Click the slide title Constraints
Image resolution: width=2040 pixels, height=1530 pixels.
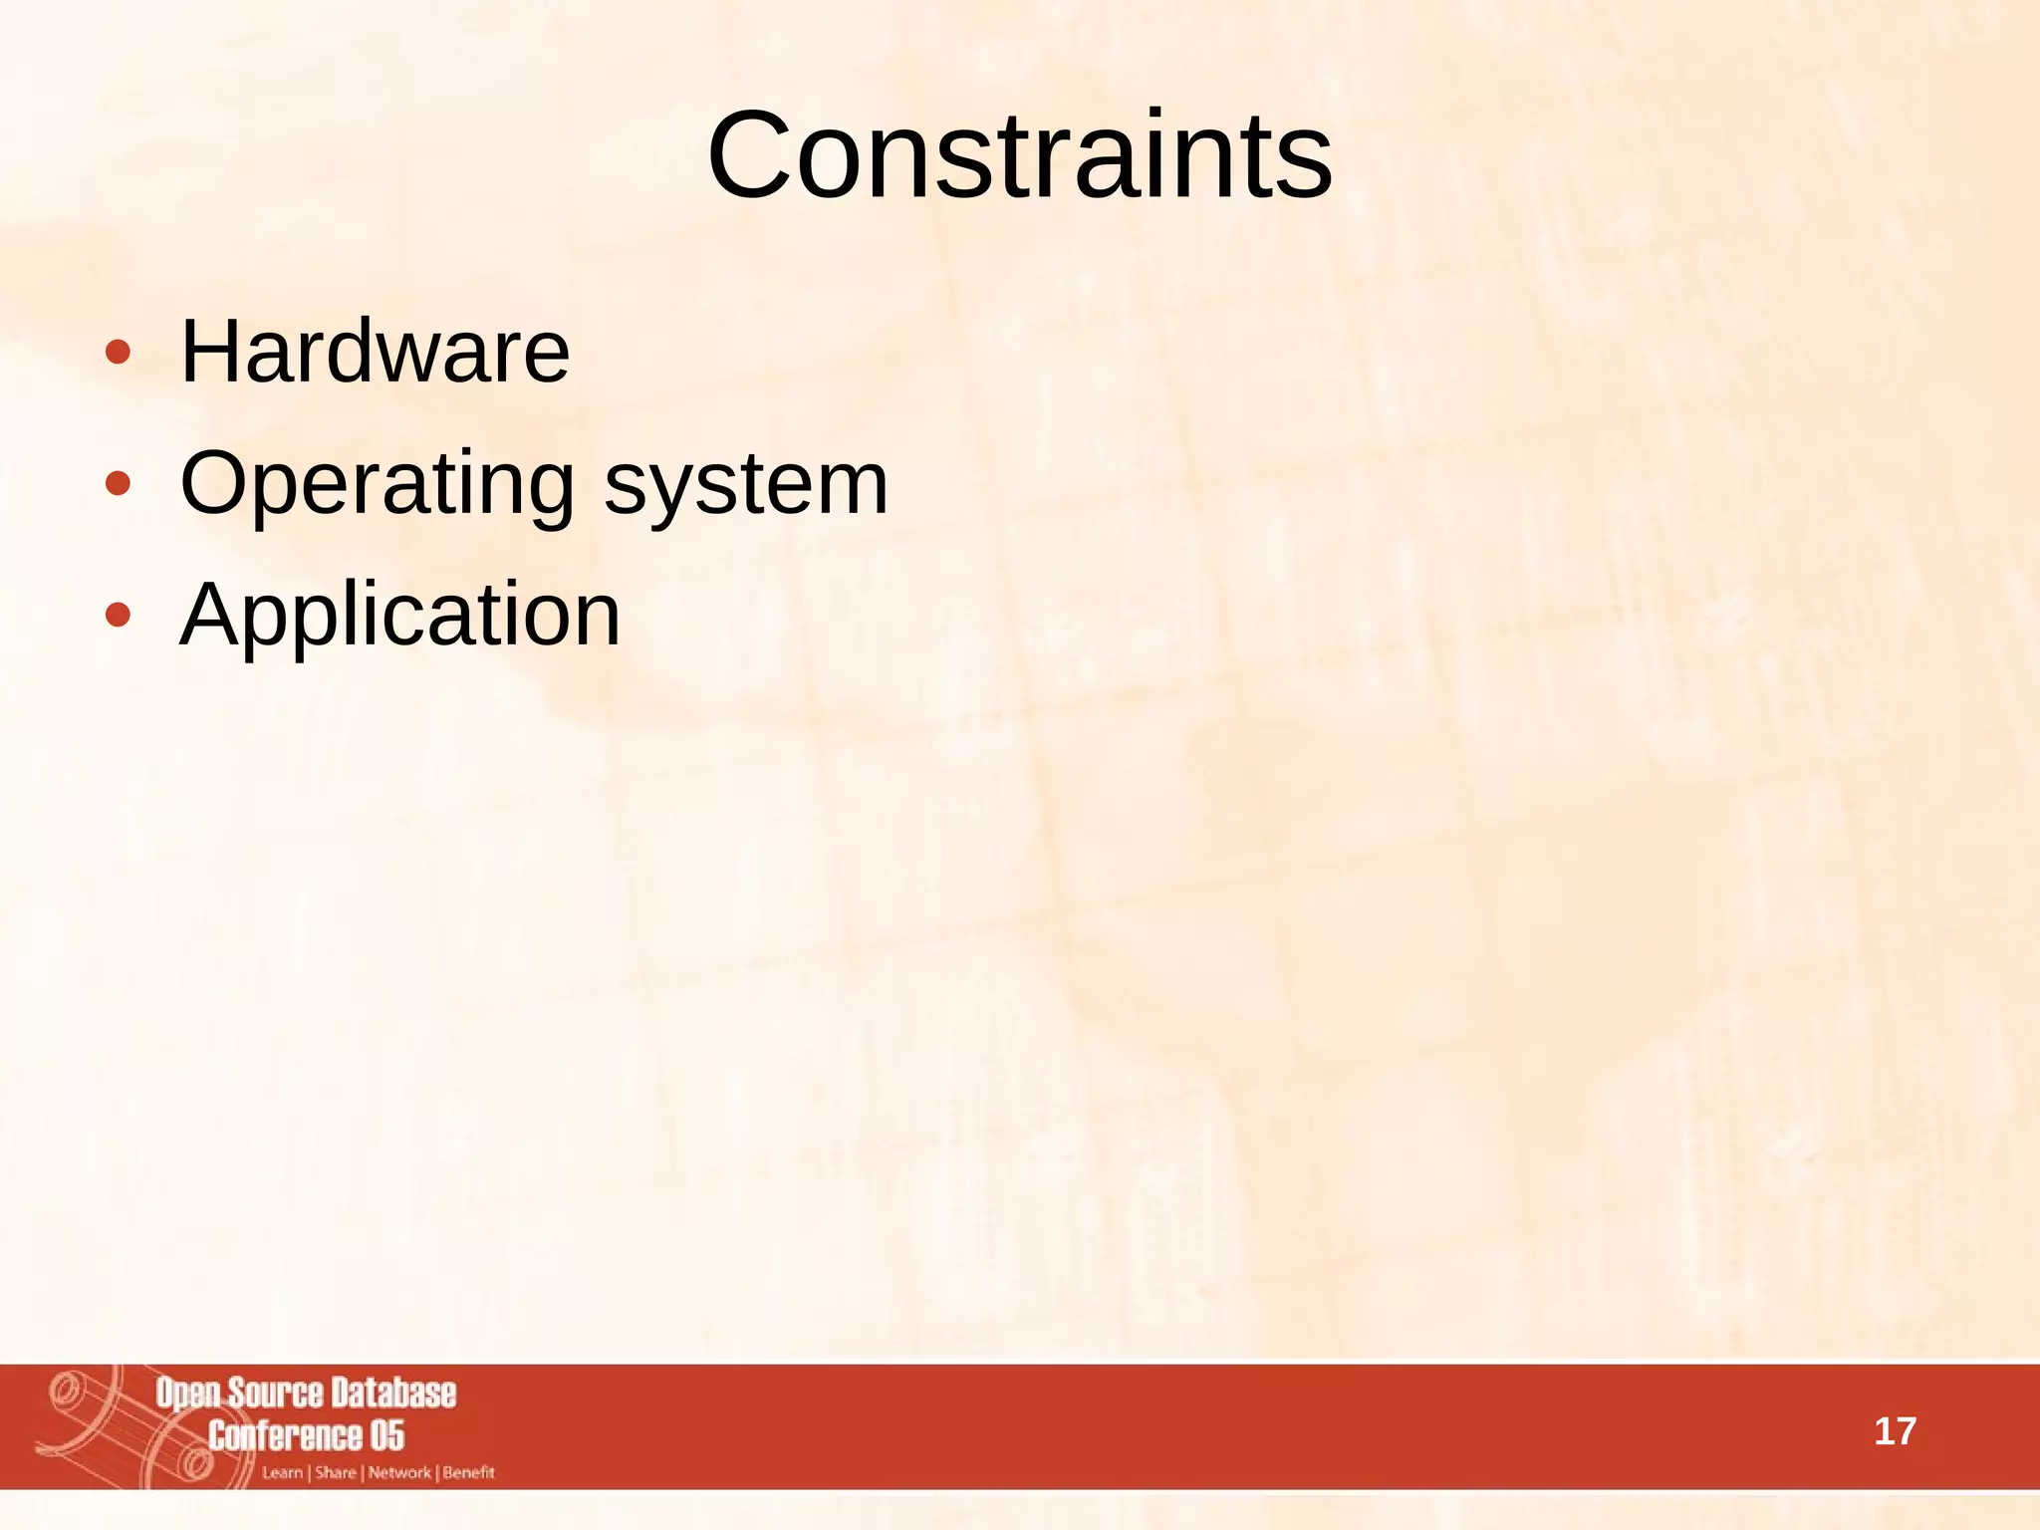point(1019,156)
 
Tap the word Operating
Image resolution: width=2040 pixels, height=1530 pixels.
point(377,484)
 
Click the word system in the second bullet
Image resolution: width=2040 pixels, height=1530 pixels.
point(746,484)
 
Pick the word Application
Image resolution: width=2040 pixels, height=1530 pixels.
point(399,616)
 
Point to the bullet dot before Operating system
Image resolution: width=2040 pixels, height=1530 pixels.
point(118,484)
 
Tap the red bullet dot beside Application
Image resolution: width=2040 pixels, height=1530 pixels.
point(118,615)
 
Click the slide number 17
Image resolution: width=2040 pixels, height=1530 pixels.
point(1895,1432)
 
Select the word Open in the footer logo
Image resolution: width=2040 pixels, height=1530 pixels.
point(188,1394)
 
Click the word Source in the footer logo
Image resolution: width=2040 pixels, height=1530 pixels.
point(276,1393)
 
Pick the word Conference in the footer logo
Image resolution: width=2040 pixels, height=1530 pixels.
point(285,1435)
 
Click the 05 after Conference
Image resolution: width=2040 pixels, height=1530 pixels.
point(387,1435)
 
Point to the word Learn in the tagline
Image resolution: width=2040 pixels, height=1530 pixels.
point(282,1473)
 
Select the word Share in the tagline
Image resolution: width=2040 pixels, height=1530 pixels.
point(336,1473)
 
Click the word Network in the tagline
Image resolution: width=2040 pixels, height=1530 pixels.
point(399,1473)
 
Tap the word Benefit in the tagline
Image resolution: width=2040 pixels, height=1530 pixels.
point(468,1473)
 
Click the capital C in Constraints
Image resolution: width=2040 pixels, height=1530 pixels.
point(747,156)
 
